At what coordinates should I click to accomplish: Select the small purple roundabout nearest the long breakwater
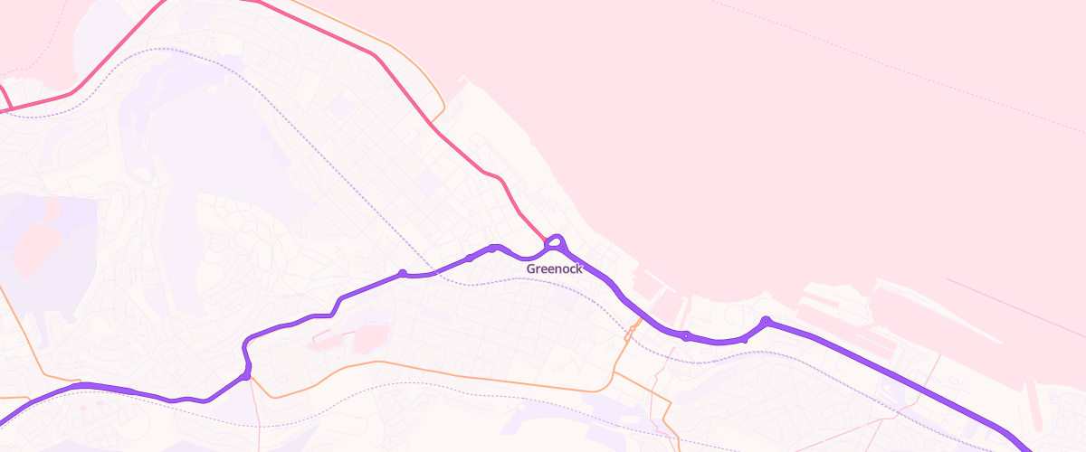click(x=766, y=320)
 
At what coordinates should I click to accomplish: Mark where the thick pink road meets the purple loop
click(x=547, y=242)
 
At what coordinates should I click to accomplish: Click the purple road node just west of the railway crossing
click(x=402, y=273)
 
